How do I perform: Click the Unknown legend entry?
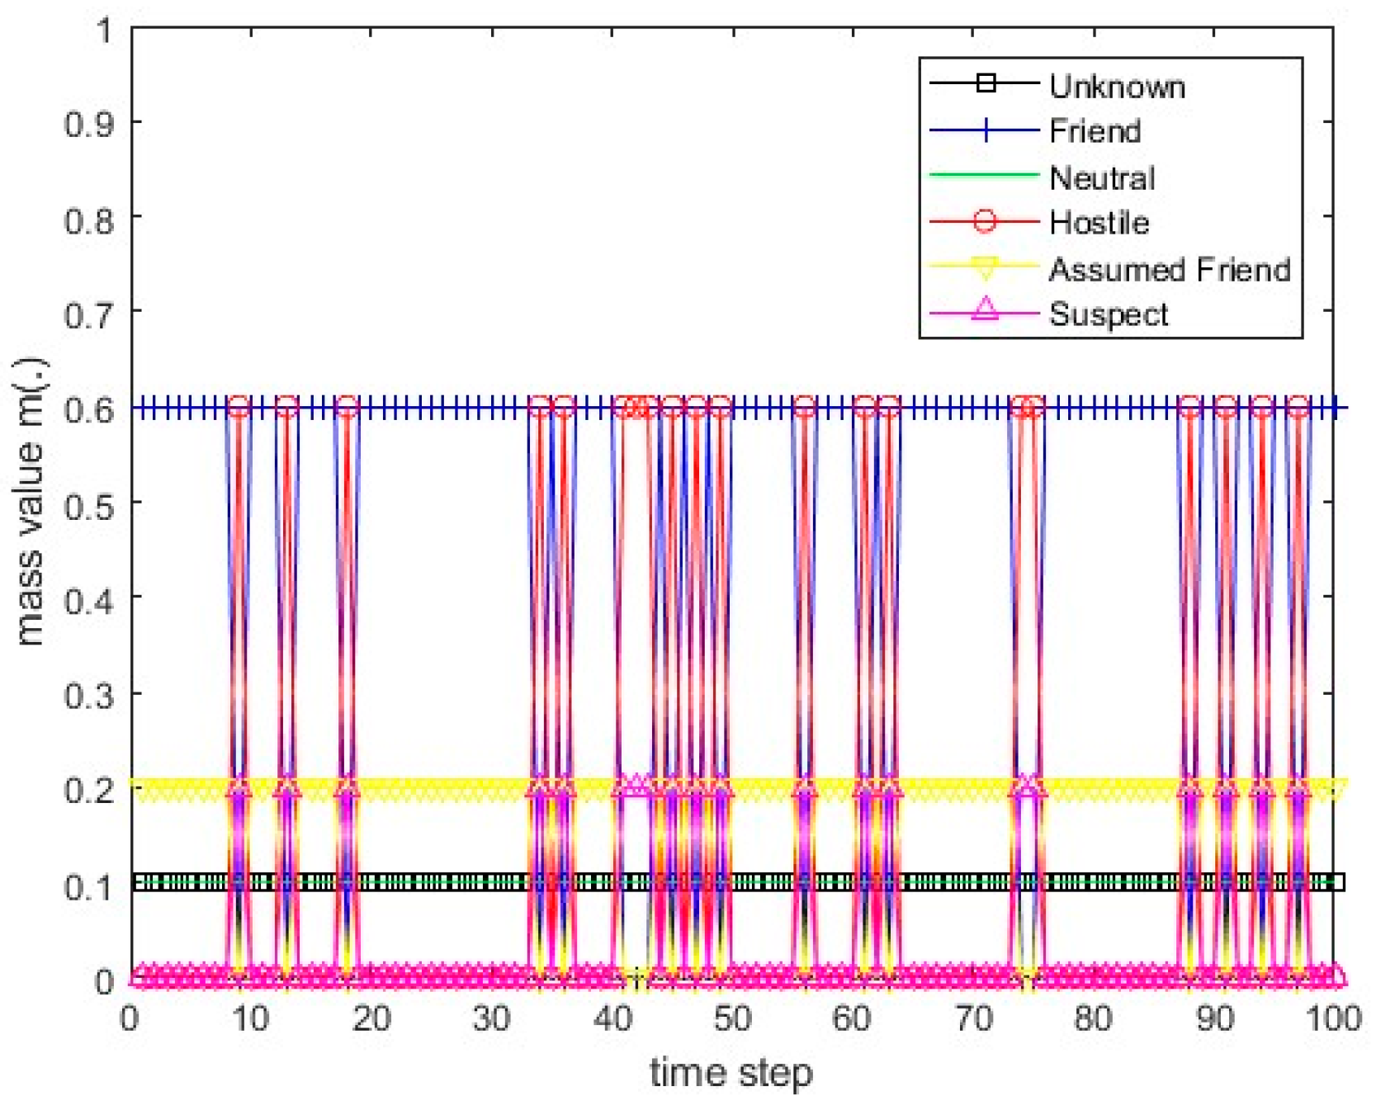pos(1116,86)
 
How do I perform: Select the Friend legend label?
pos(1095,130)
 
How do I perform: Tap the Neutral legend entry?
pos(1101,177)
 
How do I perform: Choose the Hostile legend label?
pos(1099,222)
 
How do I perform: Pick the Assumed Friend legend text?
pos(1169,269)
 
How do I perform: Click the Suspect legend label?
pos(1108,314)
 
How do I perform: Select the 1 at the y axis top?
pos(104,31)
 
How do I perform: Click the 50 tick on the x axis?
pos(732,1019)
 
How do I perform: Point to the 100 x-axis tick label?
pos(1332,1019)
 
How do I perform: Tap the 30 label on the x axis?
pos(492,1019)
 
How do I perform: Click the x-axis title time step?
pos(731,1073)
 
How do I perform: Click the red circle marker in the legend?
pos(984,221)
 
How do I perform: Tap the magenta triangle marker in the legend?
pos(984,310)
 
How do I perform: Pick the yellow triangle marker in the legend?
pos(984,267)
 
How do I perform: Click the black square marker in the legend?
pos(984,83)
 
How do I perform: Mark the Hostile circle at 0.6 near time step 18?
pos(348,407)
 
